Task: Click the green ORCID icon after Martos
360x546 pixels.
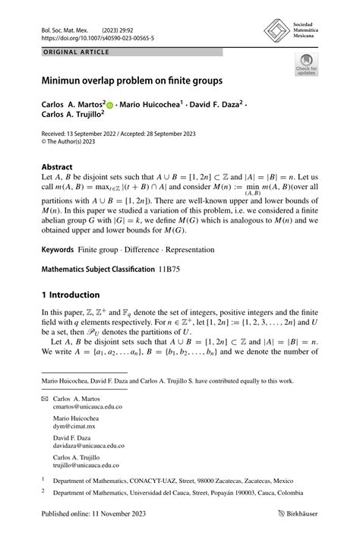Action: pos(110,104)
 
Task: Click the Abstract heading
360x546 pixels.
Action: pos(58,167)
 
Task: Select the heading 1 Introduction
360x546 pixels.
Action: pos(71,295)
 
